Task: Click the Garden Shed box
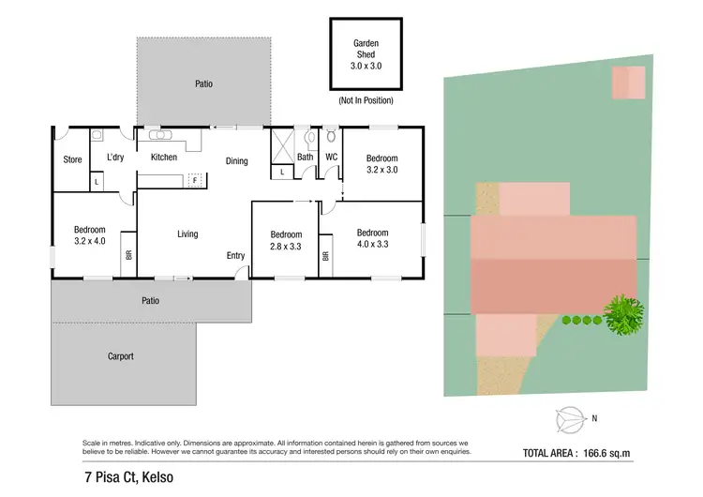tap(366, 54)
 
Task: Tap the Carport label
tap(120, 356)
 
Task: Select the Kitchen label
tap(164, 158)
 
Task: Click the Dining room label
tap(237, 161)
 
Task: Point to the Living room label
tap(187, 233)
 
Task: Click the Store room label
tap(72, 160)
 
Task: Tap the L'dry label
tap(116, 158)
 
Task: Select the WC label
tap(331, 158)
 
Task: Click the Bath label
tap(306, 158)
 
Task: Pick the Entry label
tap(235, 256)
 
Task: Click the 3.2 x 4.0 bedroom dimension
tap(90, 241)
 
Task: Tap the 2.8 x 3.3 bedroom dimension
tap(286, 246)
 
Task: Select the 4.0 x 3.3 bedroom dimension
tap(372, 244)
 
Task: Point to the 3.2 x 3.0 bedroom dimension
tap(381, 170)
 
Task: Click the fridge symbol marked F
tap(194, 179)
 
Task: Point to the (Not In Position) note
tap(366, 100)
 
